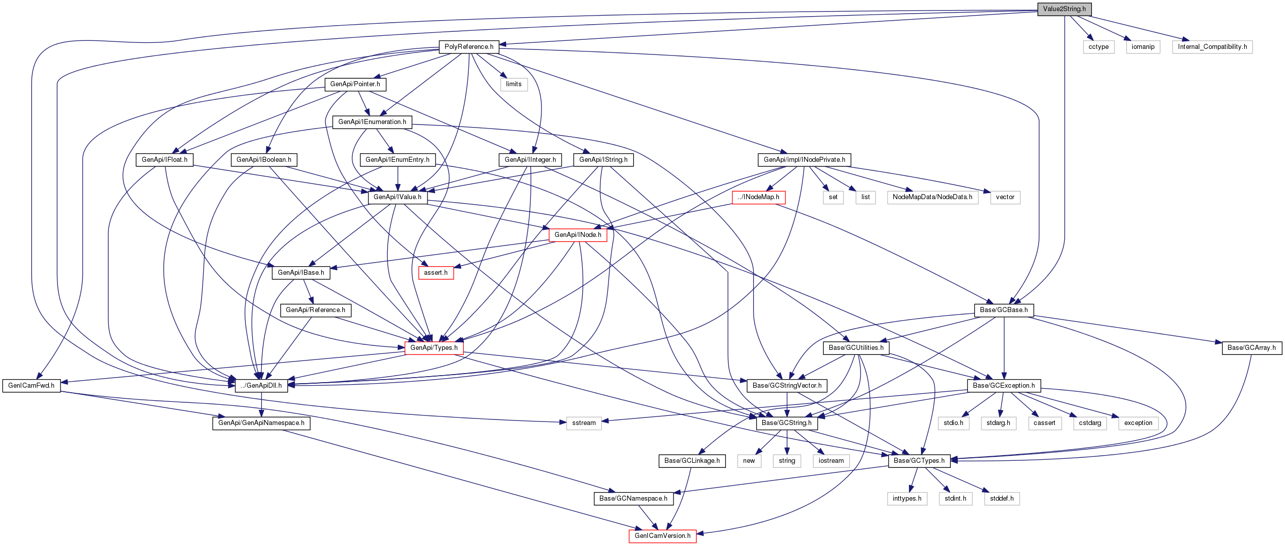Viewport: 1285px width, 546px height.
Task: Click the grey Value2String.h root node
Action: pos(1064,9)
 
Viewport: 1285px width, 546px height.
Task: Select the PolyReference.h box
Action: pos(469,47)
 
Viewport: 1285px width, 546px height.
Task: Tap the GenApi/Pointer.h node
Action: pos(355,84)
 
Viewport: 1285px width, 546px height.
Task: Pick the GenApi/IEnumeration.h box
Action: pos(372,122)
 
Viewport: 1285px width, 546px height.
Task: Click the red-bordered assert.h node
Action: pos(436,273)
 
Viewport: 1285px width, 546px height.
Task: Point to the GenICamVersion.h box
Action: pos(662,536)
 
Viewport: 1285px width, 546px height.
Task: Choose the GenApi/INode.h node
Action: pos(578,235)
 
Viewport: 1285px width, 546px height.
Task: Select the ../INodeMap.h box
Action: pos(758,197)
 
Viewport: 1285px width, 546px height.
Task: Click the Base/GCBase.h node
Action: pos(1004,310)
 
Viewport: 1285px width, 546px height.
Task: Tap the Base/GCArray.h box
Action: pos(1251,348)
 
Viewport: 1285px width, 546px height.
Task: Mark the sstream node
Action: pos(584,423)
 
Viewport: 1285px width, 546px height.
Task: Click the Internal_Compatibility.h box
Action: pos(1212,47)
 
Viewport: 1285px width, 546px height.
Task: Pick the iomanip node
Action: pos(1143,47)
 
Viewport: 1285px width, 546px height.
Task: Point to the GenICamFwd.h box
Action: pos(31,386)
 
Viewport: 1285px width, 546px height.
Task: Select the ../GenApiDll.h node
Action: pos(261,386)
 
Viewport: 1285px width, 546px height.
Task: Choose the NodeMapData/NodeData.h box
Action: pos(932,197)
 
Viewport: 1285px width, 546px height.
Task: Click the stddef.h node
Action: pos(1001,499)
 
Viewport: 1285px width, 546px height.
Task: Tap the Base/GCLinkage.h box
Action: pos(692,461)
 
